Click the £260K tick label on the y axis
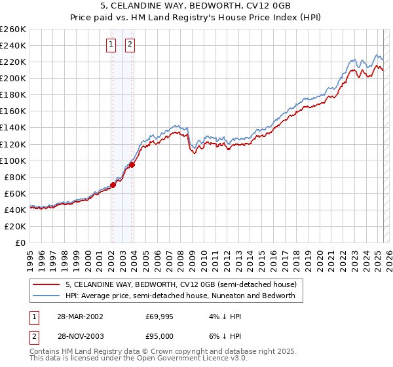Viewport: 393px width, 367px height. tap(13, 29)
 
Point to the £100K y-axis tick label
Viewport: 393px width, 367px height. tap(13, 161)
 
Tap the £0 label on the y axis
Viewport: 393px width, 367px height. tap(20, 242)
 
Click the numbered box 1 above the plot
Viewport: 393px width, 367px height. tap(111, 45)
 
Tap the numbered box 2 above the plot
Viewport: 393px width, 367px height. tap(130, 45)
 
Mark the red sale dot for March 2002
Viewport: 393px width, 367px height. tap(113, 185)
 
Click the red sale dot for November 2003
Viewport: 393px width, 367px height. tap(132, 164)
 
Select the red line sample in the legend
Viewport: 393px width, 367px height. tap(45, 285)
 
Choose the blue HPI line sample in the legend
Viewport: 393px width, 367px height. tap(45, 296)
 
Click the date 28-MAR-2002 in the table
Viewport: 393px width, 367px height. tap(81, 316)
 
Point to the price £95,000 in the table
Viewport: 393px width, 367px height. tap(159, 336)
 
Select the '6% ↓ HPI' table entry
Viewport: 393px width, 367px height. tap(224, 336)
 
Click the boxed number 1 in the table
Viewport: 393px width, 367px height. tap(34, 316)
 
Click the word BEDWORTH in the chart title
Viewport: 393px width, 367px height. tap(223, 6)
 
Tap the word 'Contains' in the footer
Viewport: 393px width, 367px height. tap(45, 352)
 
